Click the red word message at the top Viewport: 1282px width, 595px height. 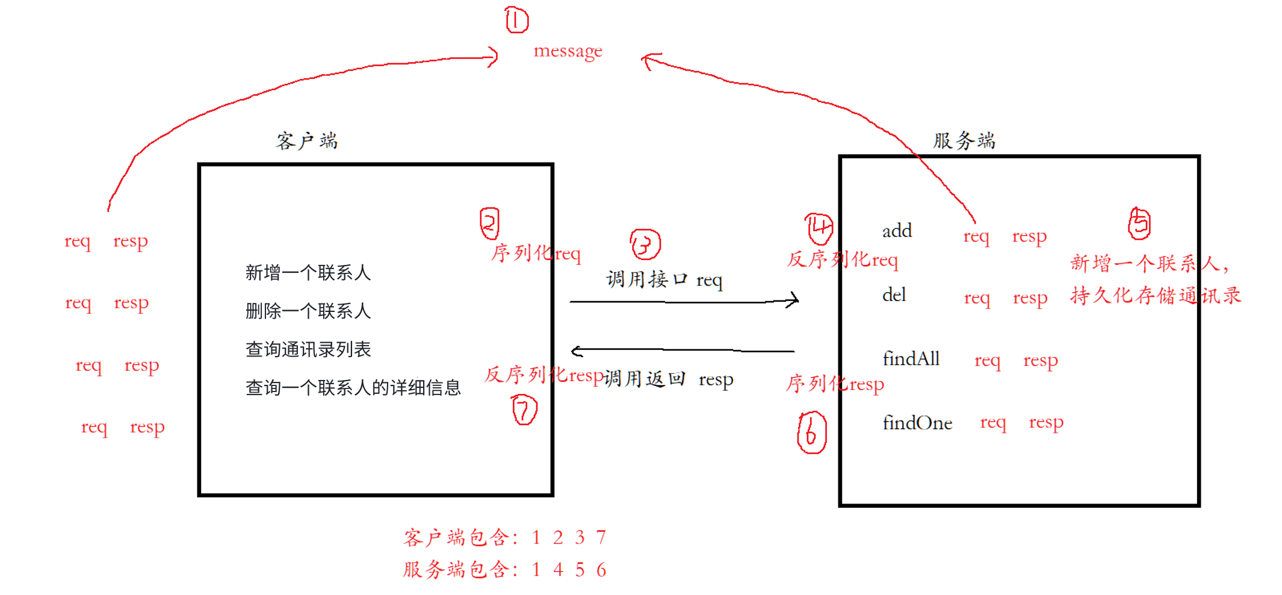pyautogui.click(x=568, y=51)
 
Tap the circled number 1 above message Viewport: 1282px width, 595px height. pyautogui.click(x=516, y=20)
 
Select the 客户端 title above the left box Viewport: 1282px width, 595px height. pyautogui.click(x=307, y=141)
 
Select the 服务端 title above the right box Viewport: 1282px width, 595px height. pyautogui.click(x=964, y=140)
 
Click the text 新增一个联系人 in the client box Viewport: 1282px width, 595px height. pyautogui.click(x=308, y=273)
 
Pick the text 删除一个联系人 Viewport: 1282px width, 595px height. pyautogui.click(x=308, y=311)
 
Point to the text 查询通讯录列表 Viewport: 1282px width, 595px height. pyautogui.click(x=308, y=349)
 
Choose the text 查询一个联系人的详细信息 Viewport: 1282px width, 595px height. pyautogui.click(x=353, y=387)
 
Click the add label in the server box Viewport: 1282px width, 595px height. pyautogui.click(x=897, y=231)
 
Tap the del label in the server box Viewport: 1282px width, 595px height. pyautogui.click(x=894, y=295)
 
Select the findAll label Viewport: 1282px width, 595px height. pyautogui.click(x=911, y=359)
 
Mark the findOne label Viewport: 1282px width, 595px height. pyautogui.click(x=917, y=423)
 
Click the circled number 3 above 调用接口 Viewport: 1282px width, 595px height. pyautogui.click(x=645, y=245)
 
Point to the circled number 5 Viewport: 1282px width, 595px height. pyautogui.click(x=1139, y=223)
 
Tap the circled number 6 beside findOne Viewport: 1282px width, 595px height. pyautogui.click(x=811, y=432)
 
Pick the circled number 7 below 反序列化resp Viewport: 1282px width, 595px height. pyautogui.click(x=524, y=410)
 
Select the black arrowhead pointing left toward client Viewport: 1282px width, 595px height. pyautogui.click(x=575, y=350)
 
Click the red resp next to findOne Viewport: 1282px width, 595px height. pyautogui.click(x=1046, y=423)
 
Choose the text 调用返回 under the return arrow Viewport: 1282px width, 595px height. pyautogui.click(x=645, y=379)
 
